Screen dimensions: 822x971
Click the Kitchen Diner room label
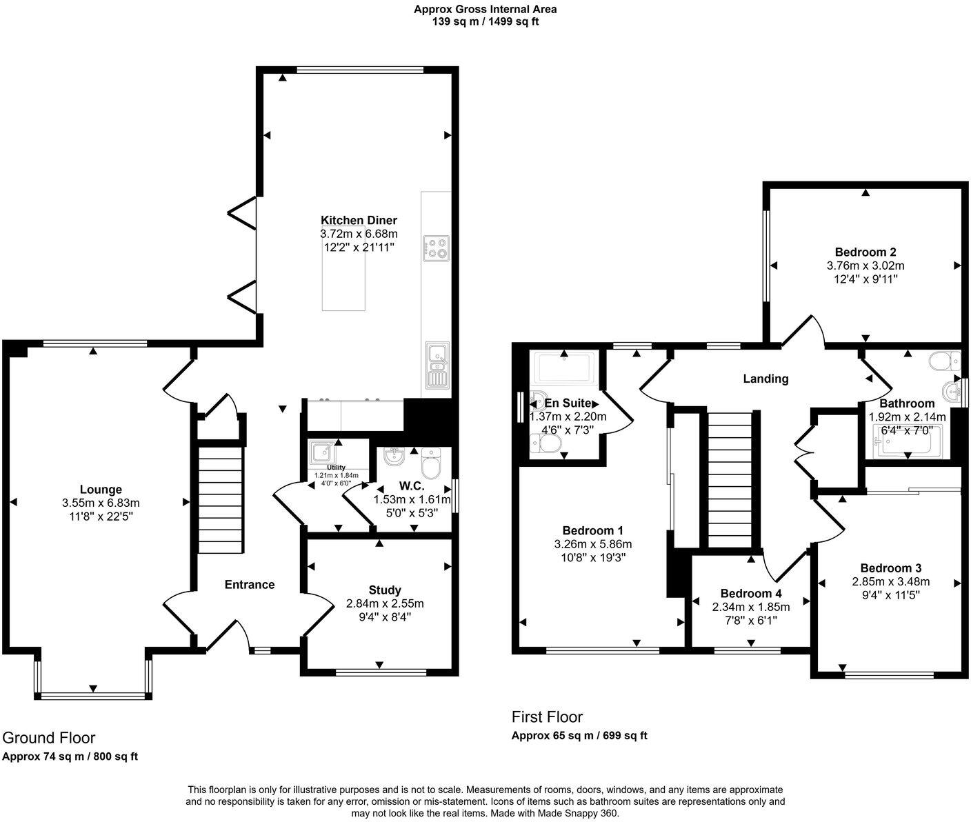[359, 221]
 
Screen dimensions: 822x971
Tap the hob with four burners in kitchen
[435, 248]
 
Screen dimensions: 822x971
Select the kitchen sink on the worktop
[436, 365]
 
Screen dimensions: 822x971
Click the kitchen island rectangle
[343, 276]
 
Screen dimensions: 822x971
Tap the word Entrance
[250, 585]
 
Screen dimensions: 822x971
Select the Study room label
[385, 590]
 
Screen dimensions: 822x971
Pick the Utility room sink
[320, 452]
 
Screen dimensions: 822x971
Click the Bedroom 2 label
[865, 252]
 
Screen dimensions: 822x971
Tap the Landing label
[765, 379]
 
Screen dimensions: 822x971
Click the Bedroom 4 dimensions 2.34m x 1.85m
[751, 607]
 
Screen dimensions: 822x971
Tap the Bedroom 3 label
[890, 568]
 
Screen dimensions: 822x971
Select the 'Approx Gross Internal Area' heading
[485, 10]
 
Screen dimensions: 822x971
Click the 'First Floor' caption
[547, 717]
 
